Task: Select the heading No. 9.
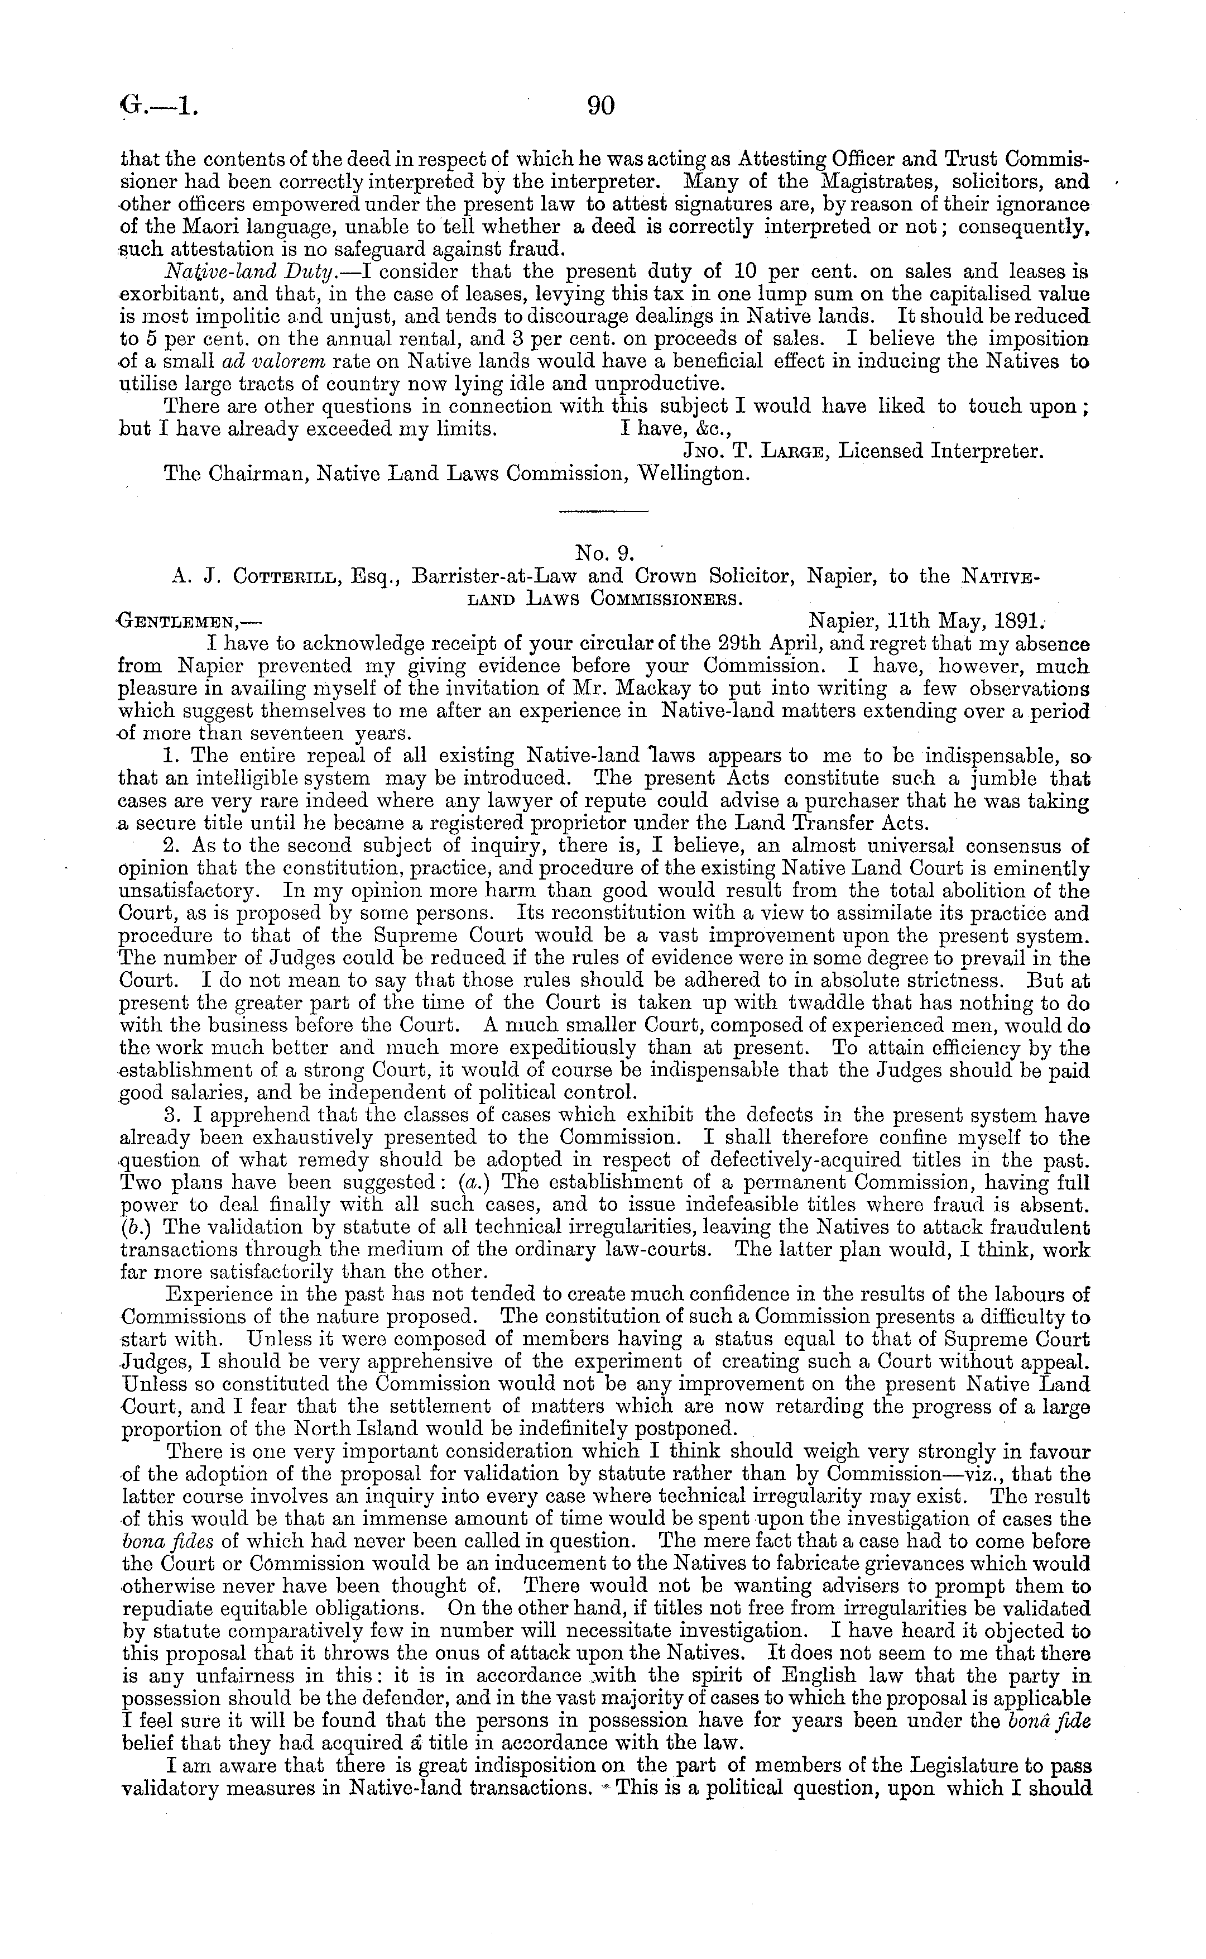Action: click(x=604, y=551)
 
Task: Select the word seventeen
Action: click(x=286, y=733)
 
